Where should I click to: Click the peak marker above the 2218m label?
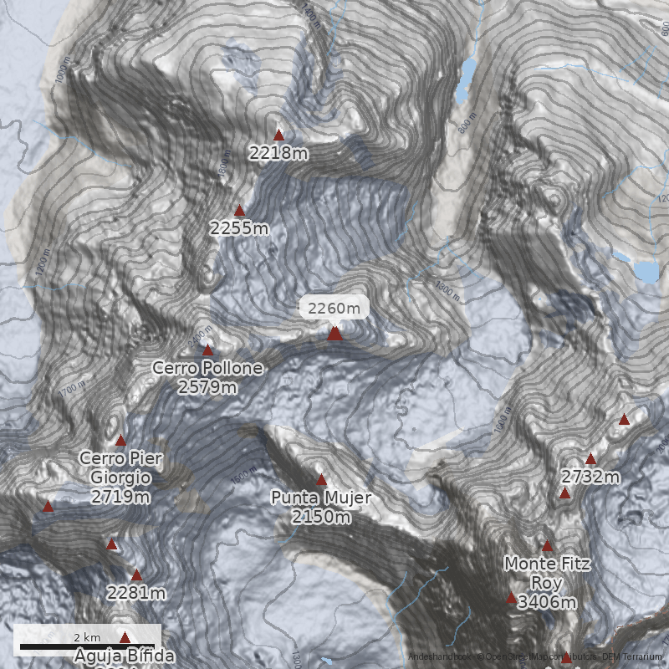279,135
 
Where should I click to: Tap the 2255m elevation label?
239,228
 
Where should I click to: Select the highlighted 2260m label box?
334,308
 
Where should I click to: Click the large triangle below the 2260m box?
334,334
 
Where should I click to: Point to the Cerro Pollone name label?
207,368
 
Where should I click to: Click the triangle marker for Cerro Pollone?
207,350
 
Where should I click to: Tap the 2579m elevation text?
207,386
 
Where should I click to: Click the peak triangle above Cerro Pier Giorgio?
120,440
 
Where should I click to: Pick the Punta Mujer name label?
321,498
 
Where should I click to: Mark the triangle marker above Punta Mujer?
321,479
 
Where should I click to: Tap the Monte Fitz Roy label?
547,574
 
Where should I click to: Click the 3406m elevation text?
547,602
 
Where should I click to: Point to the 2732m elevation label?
590,477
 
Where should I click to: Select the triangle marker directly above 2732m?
590,458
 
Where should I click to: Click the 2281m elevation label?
136,593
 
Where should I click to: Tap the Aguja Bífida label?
125,655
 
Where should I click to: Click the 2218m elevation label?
279,153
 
